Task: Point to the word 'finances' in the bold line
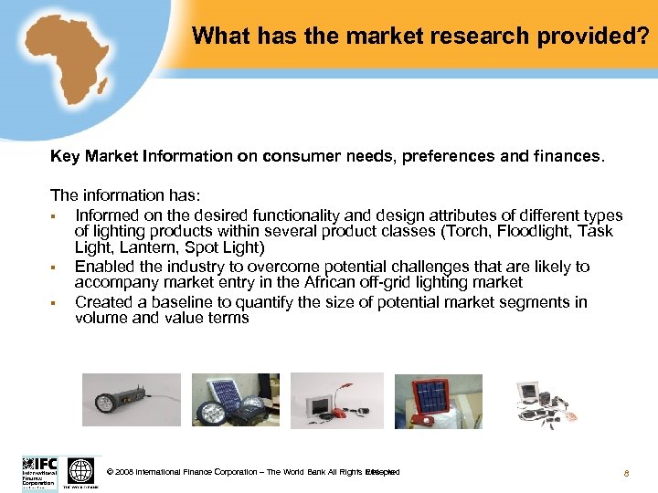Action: tap(571, 156)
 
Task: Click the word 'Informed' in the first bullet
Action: tap(107, 215)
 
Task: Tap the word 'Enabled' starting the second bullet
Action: tap(104, 267)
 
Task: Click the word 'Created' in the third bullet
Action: tap(104, 301)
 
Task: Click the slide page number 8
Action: tap(626, 473)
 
